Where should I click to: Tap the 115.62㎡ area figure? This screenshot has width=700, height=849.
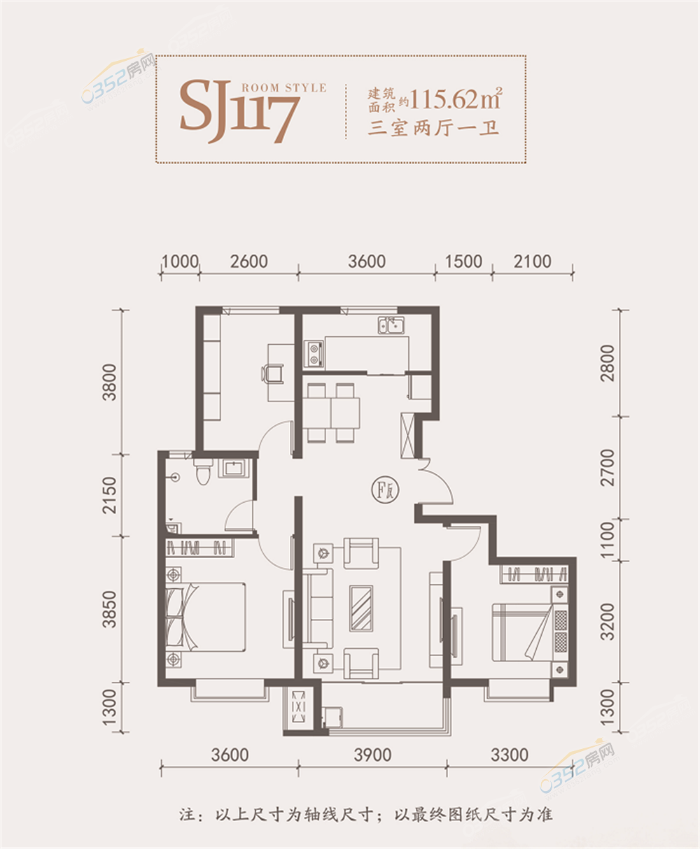[456, 99]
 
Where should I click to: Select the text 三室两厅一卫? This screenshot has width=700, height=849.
[433, 129]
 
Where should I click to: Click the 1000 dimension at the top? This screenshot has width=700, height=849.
[181, 262]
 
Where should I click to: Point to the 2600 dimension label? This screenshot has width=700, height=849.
[249, 262]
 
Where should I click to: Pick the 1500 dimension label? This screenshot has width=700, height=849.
[463, 262]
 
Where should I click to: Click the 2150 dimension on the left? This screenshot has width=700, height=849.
[109, 495]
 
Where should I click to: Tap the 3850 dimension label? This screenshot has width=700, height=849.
[109, 610]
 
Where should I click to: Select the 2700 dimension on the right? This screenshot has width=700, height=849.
[607, 467]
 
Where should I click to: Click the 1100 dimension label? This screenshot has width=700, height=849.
[607, 540]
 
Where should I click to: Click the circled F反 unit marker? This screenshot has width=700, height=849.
[386, 490]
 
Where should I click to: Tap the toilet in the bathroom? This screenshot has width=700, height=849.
[202, 471]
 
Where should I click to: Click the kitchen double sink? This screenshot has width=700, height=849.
[391, 326]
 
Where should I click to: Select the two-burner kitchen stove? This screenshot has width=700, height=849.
[314, 354]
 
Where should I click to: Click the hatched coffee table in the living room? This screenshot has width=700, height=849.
[361, 608]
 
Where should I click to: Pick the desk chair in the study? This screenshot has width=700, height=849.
[272, 373]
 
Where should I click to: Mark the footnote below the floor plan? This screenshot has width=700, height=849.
[366, 815]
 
